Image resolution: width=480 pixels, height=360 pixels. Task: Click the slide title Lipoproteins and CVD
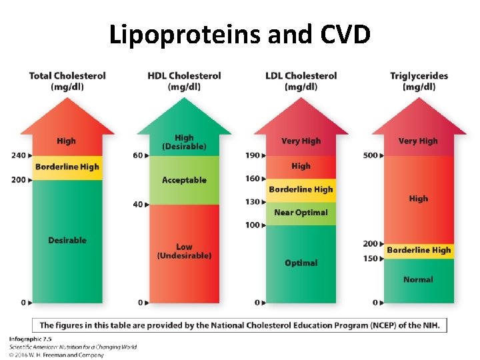point(239,35)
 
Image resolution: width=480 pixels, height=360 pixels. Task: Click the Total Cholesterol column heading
point(67,81)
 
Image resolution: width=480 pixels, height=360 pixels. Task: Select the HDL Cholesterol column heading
point(184,81)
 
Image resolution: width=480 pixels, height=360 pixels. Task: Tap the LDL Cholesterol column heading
point(301,81)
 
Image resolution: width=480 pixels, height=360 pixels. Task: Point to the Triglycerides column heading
point(419,81)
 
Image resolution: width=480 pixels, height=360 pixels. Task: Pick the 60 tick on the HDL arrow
point(138,155)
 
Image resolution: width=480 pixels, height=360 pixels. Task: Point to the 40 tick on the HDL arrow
point(138,204)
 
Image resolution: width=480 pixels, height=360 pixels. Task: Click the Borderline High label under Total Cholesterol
point(67,167)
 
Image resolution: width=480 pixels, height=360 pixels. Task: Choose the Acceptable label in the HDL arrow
point(184,180)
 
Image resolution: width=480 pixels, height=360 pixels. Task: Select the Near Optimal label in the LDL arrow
point(301,213)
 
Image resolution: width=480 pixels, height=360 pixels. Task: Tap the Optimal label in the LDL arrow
point(301,263)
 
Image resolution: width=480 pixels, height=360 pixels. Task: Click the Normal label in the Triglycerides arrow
point(418,279)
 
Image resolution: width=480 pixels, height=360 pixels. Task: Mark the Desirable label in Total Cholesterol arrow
point(67,240)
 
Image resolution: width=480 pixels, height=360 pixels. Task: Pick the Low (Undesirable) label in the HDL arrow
point(184,251)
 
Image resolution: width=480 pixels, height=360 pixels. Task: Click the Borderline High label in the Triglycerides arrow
point(419,250)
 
